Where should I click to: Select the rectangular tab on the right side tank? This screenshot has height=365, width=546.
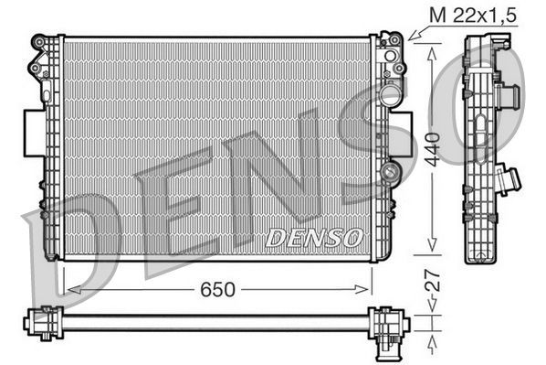pos(405,128)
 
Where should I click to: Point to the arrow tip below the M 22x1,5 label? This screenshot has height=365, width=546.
pos(412,38)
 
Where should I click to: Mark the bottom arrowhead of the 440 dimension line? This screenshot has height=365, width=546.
pos(430,252)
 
